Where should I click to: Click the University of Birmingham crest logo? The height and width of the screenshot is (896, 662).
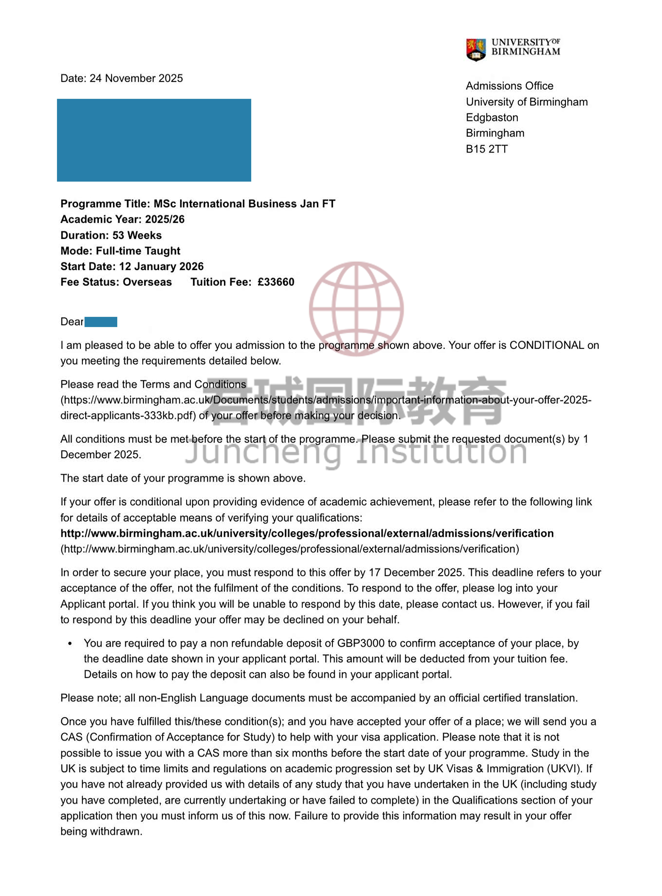(x=476, y=49)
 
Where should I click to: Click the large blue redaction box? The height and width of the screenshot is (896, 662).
(x=154, y=140)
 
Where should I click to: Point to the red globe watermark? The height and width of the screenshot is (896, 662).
(x=356, y=308)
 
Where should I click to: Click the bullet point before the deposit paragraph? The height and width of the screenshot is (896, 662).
(x=70, y=644)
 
